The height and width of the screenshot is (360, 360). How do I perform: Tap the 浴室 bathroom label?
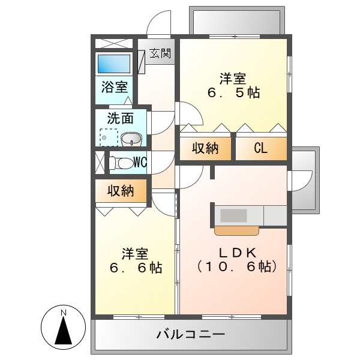[x=113, y=87]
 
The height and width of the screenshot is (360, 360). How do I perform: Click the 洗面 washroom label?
[x=120, y=119]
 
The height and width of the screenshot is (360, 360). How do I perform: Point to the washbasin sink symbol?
[x=131, y=139]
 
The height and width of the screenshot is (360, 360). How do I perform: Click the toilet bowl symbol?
[x=122, y=163]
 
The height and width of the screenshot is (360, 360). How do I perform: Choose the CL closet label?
[x=260, y=148]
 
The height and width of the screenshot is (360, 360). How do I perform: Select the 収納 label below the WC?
[x=120, y=192]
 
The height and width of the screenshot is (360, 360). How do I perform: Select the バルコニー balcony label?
[x=191, y=334]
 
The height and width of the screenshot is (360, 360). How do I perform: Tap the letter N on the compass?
[x=63, y=313]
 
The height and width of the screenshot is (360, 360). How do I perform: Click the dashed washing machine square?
[x=108, y=138]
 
